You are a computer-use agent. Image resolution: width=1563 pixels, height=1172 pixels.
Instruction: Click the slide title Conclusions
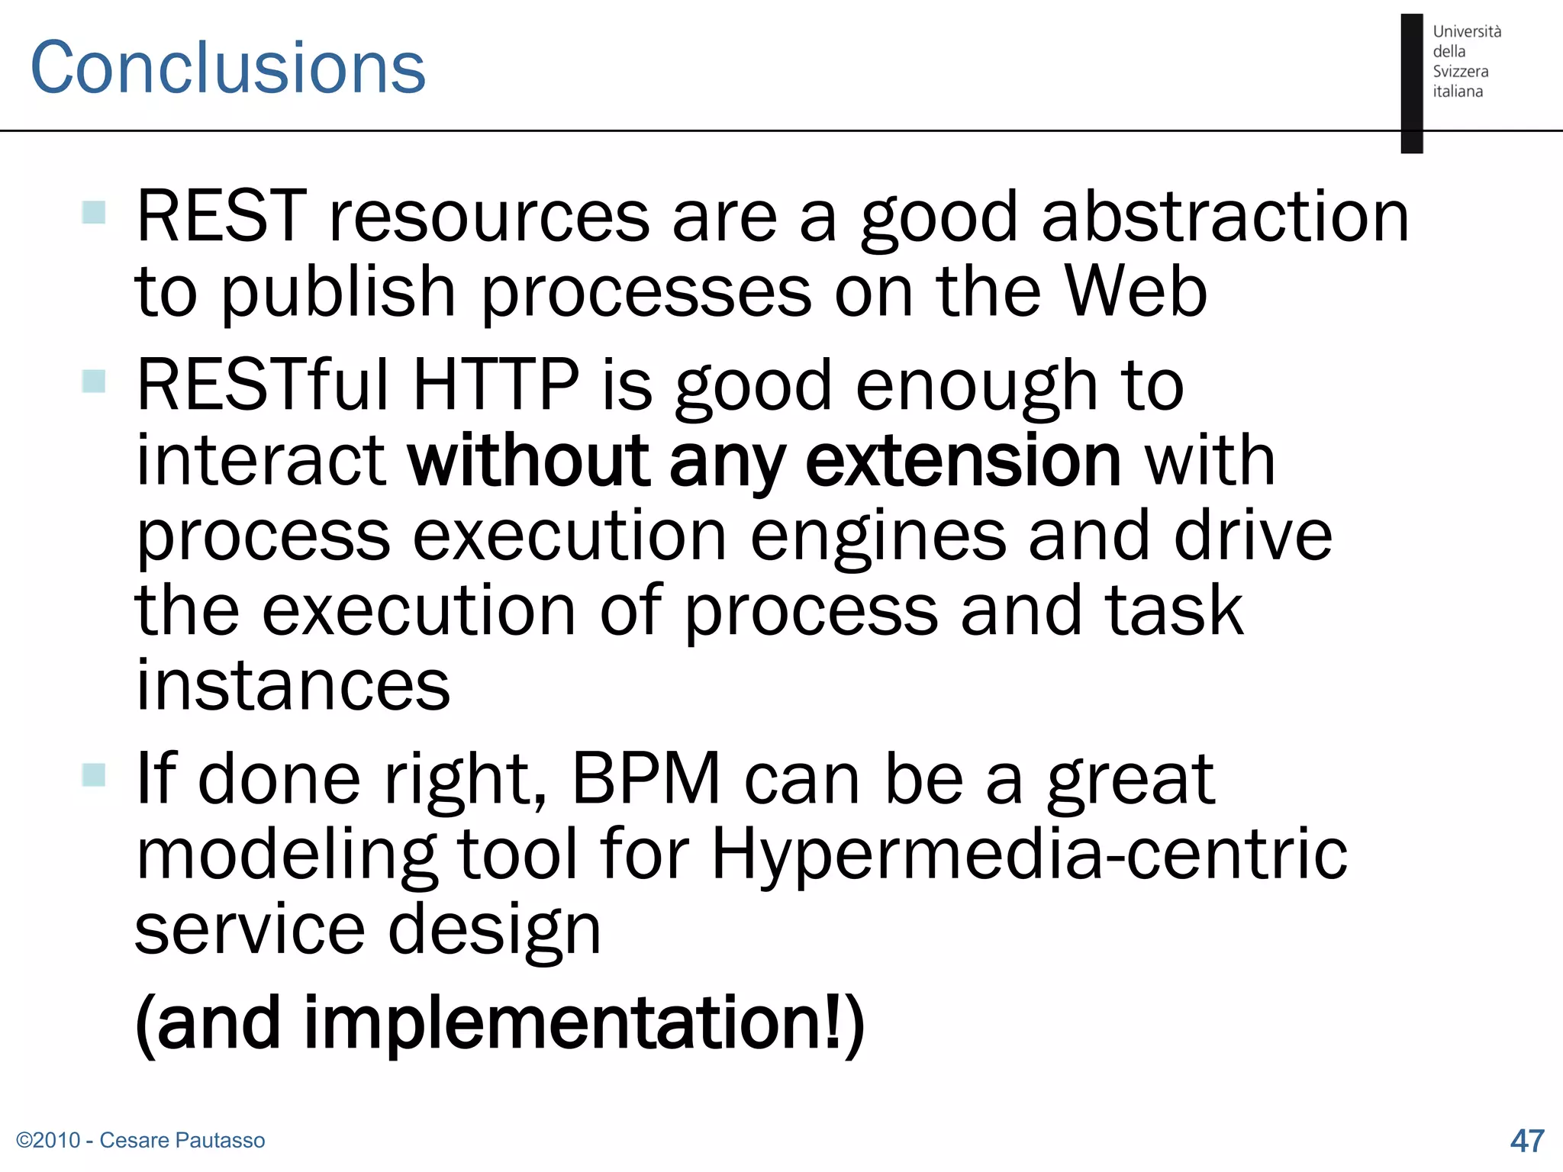227,69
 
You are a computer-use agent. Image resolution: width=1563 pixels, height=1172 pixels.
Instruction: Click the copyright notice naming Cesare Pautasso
140,1140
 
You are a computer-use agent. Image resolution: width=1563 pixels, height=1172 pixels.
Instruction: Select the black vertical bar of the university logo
1412,83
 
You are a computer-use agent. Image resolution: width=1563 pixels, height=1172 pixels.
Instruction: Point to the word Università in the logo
1467,32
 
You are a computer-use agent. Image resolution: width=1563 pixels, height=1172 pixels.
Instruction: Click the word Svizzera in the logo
1460,72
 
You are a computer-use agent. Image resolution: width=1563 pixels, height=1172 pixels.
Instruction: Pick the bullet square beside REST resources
94,212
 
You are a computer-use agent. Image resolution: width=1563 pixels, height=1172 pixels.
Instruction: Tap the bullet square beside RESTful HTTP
94,380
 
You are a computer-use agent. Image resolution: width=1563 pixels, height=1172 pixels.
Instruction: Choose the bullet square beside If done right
94,774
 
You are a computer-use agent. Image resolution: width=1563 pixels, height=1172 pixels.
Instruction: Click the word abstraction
1224,217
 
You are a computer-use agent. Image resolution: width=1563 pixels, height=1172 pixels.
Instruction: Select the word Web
1136,291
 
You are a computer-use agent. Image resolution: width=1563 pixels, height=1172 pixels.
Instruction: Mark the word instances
293,684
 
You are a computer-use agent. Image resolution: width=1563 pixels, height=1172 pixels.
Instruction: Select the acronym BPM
646,779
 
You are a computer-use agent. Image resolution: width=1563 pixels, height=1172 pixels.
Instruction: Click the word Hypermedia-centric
1029,854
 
